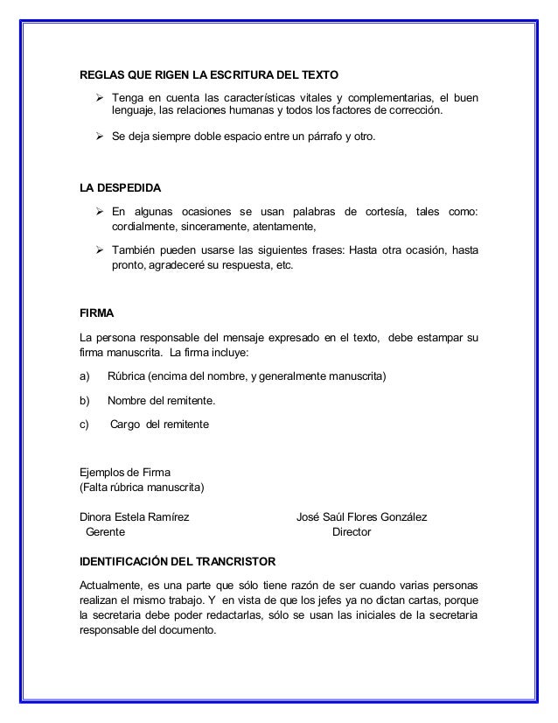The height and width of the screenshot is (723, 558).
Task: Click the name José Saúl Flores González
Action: [x=362, y=517]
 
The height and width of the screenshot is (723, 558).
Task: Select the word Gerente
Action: [x=104, y=532]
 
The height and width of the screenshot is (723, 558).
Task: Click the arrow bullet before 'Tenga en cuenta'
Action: [x=100, y=95]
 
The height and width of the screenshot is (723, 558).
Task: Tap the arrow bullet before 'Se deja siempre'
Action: [x=100, y=137]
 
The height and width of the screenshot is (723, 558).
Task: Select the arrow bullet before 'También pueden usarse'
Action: [x=100, y=250]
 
